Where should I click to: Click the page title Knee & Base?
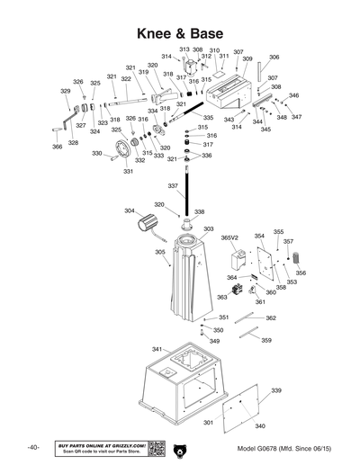coord(179,33)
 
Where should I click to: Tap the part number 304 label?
coord(130,211)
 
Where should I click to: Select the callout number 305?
coord(159,253)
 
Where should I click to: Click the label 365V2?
coord(229,238)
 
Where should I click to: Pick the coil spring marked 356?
coord(294,260)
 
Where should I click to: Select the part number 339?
coord(276,390)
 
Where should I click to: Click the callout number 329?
coord(65,91)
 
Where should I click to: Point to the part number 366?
coord(57,147)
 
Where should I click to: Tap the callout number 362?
coord(270,318)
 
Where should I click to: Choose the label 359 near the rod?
coord(266,340)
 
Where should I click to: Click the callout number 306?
coord(274,58)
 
